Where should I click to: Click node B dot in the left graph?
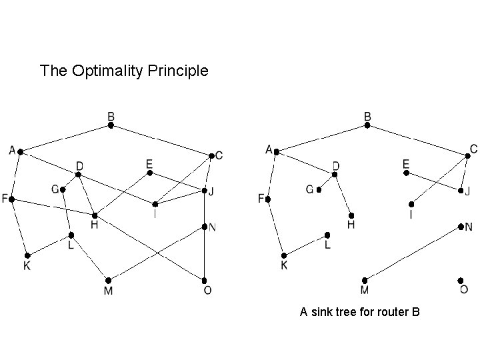click(111, 125)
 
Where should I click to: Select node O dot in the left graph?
click(205, 280)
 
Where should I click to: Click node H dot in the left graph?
click(95, 215)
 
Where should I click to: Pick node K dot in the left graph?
click(27, 255)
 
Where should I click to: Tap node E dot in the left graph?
click(150, 173)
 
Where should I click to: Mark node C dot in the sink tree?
click(467, 155)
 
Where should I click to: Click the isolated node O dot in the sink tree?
click(461, 281)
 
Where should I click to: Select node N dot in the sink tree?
click(461, 227)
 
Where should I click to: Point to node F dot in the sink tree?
click(268, 199)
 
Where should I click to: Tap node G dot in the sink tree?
click(319, 190)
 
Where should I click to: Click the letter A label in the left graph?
click(13, 151)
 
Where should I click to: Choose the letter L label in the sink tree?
click(327, 245)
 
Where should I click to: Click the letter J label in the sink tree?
click(468, 191)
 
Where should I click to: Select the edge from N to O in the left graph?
click(205, 253)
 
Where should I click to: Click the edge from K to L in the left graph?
click(49, 245)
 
